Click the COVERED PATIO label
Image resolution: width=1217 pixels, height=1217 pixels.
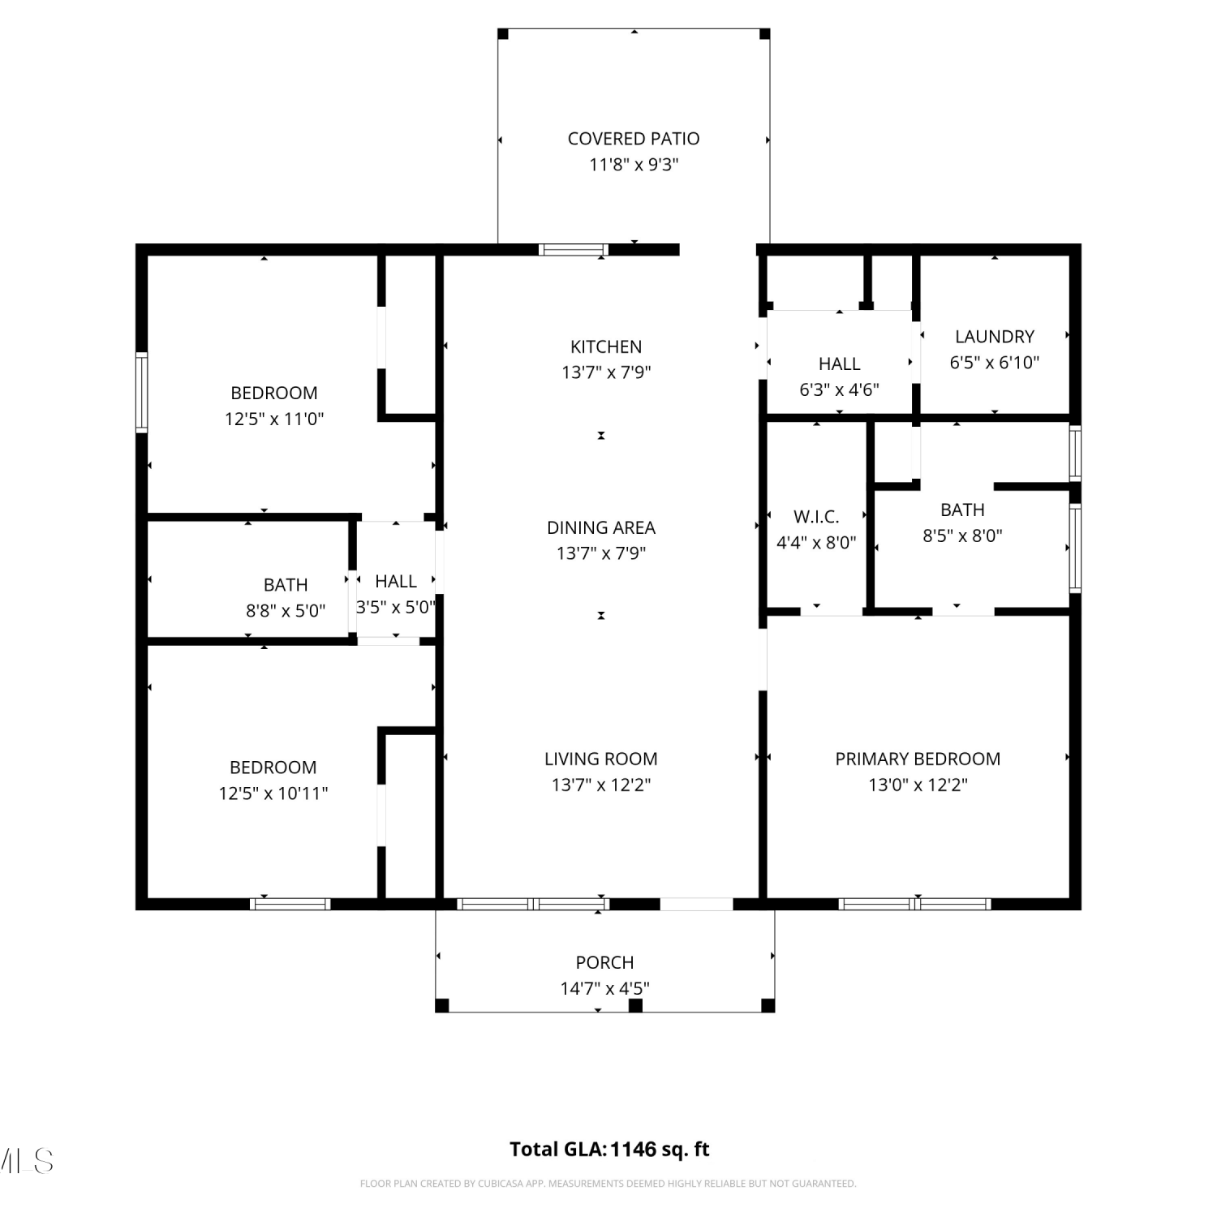point(634,139)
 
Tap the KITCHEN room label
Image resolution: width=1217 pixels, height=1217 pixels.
point(606,347)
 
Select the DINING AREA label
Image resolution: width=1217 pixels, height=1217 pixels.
point(601,527)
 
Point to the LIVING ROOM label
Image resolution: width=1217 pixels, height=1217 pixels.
point(601,759)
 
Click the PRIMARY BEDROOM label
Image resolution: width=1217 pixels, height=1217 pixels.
point(918,759)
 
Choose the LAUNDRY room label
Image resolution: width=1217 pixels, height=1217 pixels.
point(995,337)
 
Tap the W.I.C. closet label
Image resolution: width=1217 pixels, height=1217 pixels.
point(816,517)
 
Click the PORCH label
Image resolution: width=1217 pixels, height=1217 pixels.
point(604,963)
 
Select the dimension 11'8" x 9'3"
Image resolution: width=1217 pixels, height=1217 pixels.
point(634,165)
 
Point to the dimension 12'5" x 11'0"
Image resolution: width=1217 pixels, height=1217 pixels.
point(274,419)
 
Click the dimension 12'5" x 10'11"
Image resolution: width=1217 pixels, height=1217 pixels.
point(273,793)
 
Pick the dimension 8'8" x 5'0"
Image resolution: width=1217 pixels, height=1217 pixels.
point(286,611)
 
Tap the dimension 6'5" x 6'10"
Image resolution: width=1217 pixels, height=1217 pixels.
point(995,363)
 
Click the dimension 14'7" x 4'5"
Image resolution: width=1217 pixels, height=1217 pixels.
point(604,989)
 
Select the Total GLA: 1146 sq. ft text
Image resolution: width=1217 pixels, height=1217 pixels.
point(609,1150)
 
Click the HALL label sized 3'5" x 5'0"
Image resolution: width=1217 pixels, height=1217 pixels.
point(396,582)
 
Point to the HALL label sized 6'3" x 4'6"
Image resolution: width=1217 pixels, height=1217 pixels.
point(839,364)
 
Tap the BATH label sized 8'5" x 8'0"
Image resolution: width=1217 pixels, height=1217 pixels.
point(962,510)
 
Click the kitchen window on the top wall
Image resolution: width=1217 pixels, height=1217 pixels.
point(574,250)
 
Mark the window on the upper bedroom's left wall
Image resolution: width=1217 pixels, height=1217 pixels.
point(142,393)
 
